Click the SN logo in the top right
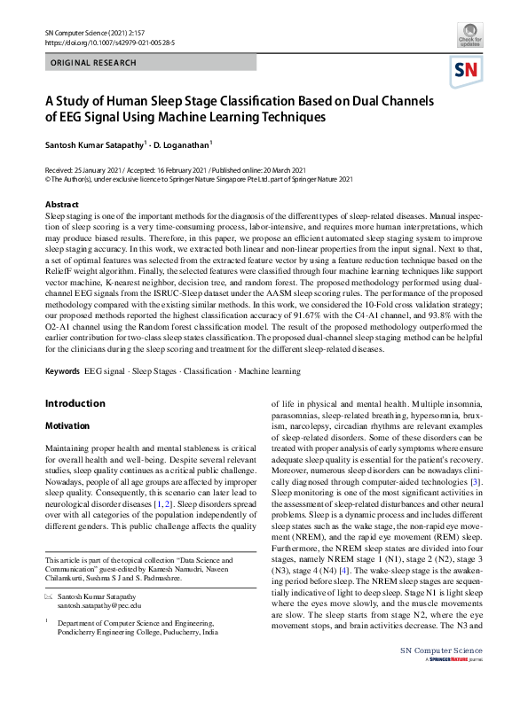coord(467,71)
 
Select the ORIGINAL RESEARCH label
coord(94,63)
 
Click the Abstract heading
coord(61,205)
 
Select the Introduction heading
coord(75,404)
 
